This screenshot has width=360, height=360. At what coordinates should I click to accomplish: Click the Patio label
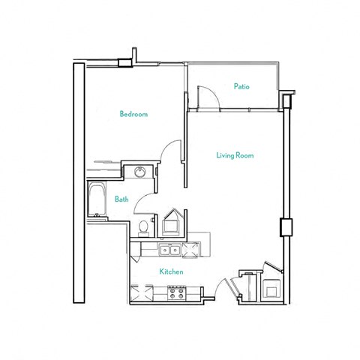(241, 87)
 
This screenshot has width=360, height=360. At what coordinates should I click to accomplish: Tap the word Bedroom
(133, 115)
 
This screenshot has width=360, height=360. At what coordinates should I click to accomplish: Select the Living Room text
(235, 156)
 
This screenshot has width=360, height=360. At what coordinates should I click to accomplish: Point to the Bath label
(121, 199)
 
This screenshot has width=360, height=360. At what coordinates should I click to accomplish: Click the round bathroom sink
(139, 173)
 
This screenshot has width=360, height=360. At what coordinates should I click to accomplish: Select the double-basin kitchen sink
(169, 250)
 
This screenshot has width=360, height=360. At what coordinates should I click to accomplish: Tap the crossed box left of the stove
(142, 293)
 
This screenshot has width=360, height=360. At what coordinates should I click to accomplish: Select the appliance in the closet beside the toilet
(171, 225)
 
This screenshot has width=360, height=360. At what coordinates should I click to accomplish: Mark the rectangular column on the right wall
(285, 226)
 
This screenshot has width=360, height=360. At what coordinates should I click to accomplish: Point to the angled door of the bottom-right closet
(272, 268)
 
